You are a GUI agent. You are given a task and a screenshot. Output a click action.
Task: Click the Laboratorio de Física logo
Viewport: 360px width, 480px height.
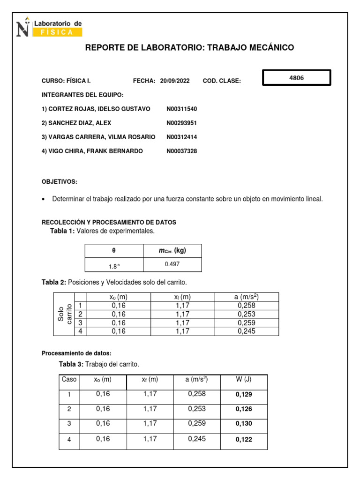(49, 27)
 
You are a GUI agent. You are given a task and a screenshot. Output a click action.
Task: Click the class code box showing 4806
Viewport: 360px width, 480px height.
(296, 78)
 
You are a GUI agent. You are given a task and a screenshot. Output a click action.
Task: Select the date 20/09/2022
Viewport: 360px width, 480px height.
(175, 81)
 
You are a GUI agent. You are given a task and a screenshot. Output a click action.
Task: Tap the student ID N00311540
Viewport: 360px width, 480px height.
(182, 109)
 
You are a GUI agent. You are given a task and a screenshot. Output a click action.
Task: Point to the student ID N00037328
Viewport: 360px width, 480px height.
(182, 151)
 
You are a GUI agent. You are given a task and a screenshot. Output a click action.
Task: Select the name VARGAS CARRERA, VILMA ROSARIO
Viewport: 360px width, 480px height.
(98, 137)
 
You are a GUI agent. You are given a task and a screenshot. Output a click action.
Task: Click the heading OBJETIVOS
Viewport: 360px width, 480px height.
(60, 181)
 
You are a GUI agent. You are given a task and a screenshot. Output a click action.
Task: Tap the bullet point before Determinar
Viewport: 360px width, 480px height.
(44, 199)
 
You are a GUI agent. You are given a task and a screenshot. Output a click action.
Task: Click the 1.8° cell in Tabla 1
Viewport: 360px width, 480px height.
(113, 266)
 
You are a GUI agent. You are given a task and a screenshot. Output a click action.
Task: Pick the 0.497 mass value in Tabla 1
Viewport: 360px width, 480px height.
(172, 264)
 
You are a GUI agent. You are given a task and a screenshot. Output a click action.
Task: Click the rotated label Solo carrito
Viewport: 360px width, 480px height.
(64, 314)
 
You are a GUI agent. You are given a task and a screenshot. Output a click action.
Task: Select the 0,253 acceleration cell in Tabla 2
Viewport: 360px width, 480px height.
(247, 314)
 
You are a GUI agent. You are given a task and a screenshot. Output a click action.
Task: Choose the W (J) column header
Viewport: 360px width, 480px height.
(243, 379)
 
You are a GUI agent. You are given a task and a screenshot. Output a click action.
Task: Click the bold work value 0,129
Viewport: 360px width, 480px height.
(244, 395)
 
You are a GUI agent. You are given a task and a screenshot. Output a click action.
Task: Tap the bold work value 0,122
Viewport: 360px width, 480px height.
(244, 440)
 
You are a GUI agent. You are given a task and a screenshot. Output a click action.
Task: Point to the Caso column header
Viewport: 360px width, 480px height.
(69, 379)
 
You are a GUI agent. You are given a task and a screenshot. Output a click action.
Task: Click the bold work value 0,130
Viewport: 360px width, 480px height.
(244, 424)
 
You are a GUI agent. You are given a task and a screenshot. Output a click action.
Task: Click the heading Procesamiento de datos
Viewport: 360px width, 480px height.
(77, 353)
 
